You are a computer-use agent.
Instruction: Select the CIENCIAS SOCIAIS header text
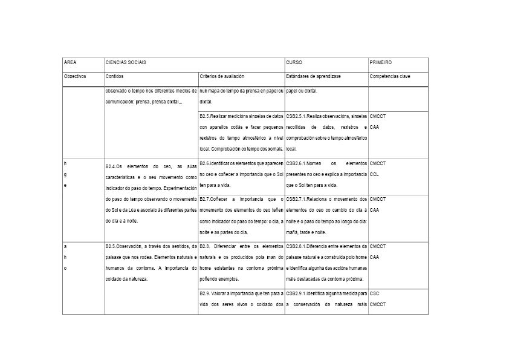(x=126, y=62)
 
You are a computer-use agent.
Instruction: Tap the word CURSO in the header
(x=294, y=62)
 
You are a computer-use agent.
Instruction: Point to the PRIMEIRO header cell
(x=380, y=62)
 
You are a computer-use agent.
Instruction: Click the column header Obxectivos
(x=76, y=76)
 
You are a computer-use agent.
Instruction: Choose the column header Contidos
(x=115, y=76)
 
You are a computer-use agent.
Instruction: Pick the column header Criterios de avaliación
(x=222, y=76)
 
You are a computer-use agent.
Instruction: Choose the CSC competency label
(x=374, y=293)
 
